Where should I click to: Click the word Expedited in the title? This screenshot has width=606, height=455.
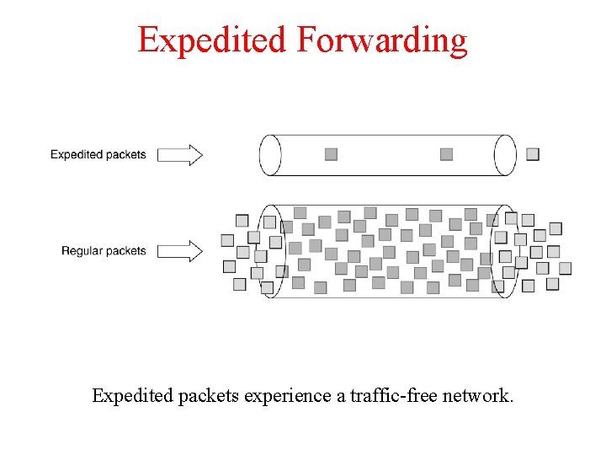[x=210, y=40]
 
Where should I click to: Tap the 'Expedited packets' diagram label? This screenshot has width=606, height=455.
[x=98, y=154]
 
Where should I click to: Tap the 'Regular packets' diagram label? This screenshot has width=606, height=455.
[x=104, y=250]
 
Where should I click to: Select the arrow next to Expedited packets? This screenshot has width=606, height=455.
[x=180, y=154]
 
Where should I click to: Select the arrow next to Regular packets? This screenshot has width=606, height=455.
[x=180, y=250]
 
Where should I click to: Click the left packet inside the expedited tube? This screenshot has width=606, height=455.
[x=331, y=154]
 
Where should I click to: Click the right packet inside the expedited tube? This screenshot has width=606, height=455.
[x=446, y=154]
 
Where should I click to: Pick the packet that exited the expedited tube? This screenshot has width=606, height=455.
[x=533, y=154]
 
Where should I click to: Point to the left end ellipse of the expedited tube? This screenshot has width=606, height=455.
[x=270, y=155]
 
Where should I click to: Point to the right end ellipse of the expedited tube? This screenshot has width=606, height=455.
[x=505, y=155]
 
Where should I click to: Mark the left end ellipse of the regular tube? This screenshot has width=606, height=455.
[x=271, y=250]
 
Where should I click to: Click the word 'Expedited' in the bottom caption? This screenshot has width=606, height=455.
[x=132, y=395]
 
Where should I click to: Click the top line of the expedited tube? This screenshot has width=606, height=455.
[x=387, y=136]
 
